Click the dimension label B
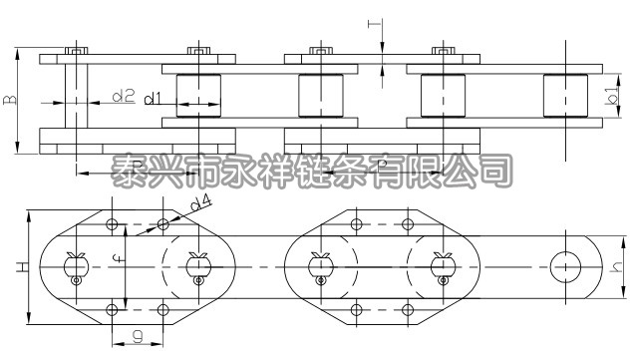[x=10, y=101]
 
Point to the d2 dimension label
[x=122, y=97]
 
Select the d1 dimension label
[x=153, y=98]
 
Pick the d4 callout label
[x=201, y=204]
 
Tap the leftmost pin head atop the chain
[x=76, y=50]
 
